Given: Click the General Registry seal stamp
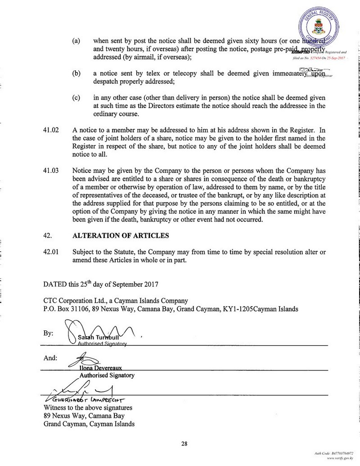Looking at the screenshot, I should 320,26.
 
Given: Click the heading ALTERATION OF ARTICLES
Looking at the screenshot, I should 121,235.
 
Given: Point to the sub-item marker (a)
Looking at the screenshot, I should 76,41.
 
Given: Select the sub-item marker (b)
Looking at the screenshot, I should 76,74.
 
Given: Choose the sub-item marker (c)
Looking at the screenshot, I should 76,98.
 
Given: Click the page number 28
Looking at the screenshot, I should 184,443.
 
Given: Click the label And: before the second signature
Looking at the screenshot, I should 50,358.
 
